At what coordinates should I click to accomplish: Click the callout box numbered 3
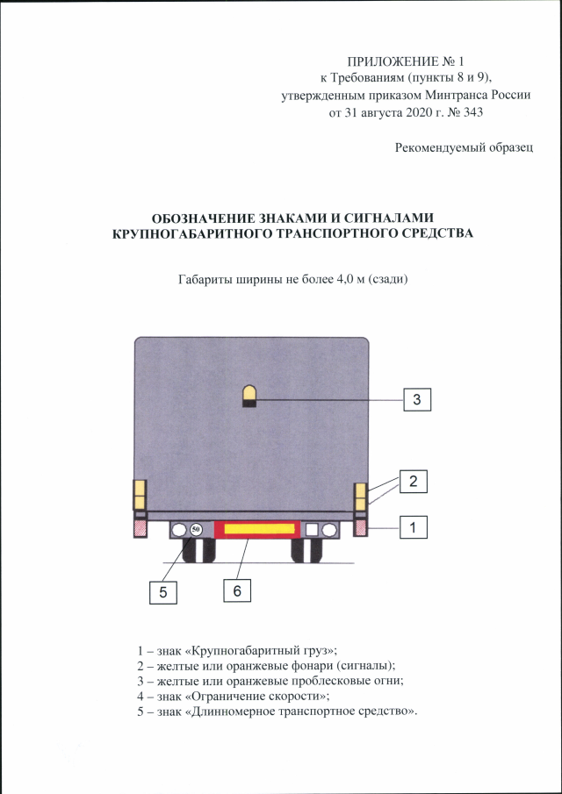tap(417, 399)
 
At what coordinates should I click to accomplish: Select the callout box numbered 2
tap(413, 481)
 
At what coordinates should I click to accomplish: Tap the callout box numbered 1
tap(413, 527)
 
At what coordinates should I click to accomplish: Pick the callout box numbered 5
tap(163, 592)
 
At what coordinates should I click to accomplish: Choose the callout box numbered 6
tap(237, 590)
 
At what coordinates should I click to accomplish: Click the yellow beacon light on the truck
tap(249, 396)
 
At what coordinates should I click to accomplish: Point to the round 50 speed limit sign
tap(196, 530)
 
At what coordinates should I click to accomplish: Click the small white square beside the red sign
tap(312, 530)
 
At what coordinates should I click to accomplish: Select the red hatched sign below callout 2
tap(360, 528)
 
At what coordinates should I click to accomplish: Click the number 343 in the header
tap(472, 112)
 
